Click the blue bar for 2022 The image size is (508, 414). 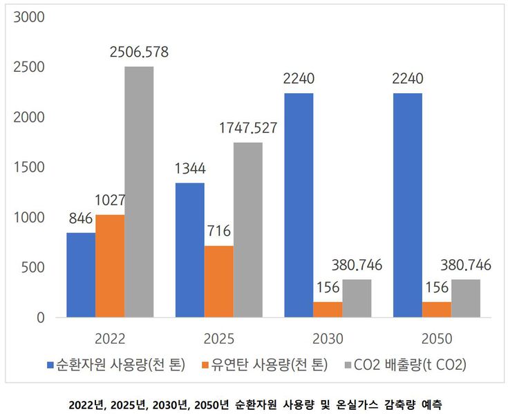point(81,275)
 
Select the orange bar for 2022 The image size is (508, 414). point(110,266)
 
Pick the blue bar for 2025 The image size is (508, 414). point(189,250)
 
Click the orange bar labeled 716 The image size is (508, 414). point(219,281)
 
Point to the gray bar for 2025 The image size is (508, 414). point(248,230)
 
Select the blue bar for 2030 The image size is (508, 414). point(299,205)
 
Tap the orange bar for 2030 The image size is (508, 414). point(328,310)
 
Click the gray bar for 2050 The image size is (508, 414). point(466,299)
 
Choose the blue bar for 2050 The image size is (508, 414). point(408,205)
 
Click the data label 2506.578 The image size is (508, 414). point(139,53)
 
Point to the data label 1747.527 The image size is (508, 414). point(248,129)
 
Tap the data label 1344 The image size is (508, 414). point(189,169)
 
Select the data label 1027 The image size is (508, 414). point(110,200)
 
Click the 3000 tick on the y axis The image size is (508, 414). point(29,17)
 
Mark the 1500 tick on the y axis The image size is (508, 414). point(29,167)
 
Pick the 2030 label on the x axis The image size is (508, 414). point(328,339)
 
